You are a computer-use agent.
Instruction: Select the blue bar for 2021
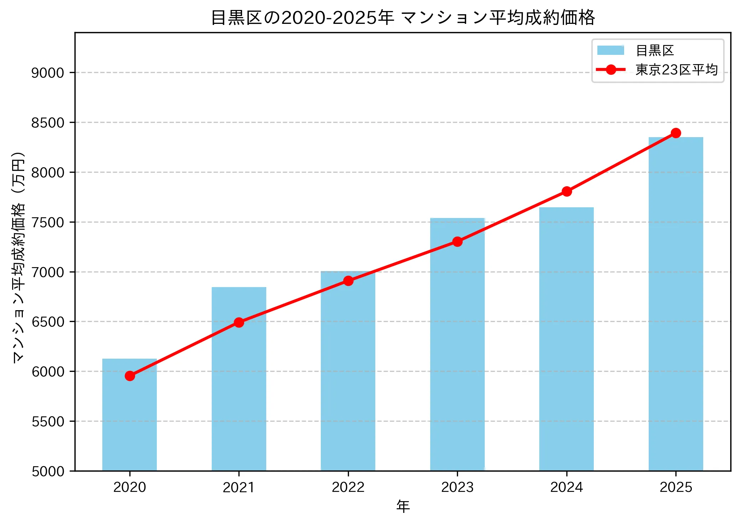tap(239, 392)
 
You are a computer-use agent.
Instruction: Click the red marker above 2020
tap(130, 376)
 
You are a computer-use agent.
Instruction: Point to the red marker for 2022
tap(348, 281)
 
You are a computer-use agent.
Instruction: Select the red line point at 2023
tap(457, 242)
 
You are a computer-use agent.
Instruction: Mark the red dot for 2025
tap(676, 133)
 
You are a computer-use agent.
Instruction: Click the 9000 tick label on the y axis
tap(47, 73)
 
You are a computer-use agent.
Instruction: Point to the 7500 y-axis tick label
tap(47, 223)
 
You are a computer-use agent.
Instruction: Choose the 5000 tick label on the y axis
tap(47, 472)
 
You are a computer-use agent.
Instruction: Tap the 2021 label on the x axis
tap(239, 487)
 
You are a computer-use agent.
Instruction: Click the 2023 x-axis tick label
tap(457, 487)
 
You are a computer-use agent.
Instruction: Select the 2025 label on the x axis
tap(676, 487)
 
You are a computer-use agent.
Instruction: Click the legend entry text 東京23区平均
tap(676, 70)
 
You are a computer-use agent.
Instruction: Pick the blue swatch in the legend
tap(611, 51)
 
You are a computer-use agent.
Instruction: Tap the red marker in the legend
tap(611, 70)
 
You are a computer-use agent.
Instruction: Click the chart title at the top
tap(403, 18)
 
